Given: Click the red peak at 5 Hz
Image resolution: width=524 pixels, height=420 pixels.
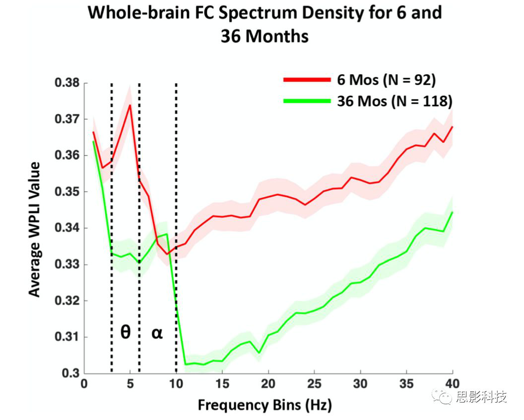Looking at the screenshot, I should pos(130,105).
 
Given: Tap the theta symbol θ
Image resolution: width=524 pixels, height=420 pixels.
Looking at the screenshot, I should pos(126,332).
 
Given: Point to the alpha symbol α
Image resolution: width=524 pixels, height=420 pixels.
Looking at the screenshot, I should pos(157,333).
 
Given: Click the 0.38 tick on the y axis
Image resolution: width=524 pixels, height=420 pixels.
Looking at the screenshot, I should pos(66,83).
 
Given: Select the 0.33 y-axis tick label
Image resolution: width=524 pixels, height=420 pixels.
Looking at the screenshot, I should pos(66,264).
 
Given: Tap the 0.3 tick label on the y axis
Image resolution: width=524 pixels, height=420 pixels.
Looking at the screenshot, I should pos(70,373).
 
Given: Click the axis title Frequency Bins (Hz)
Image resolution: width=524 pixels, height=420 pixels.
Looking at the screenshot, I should pos(264,405).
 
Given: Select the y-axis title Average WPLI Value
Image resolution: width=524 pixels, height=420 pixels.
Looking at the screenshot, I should pos(34,229).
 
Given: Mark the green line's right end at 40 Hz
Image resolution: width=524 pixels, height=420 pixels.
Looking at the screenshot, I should pos(453,212).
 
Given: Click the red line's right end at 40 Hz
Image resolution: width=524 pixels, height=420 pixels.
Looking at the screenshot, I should pos(453,127).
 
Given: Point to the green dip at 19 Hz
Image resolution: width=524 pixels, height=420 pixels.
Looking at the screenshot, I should pos(259,353).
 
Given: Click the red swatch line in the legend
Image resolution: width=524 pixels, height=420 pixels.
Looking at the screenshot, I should pos(306,79).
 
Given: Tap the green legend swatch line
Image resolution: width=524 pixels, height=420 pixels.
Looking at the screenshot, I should pos(306,101).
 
